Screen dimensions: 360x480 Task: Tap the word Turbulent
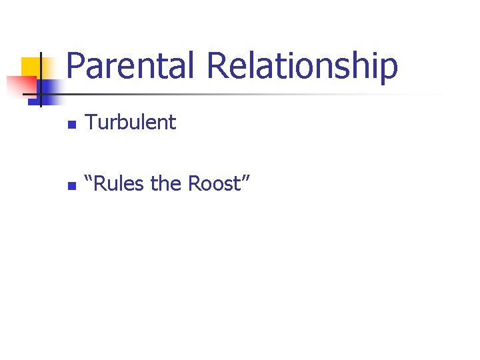[x=131, y=122]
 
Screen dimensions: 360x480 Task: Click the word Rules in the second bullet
[x=121, y=183]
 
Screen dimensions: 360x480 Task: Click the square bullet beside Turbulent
[x=73, y=125]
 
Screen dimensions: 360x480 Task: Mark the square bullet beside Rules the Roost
[x=73, y=186]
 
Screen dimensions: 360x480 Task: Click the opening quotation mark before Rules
[x=91, y=179]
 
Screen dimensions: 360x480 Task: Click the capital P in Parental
[x=76, y=65]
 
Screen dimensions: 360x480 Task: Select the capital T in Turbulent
[x=92, y=122]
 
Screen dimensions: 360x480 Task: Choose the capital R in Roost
[x=195, y=183]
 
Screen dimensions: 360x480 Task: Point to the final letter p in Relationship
[x=389, y=69]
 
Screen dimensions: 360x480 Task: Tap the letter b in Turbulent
[x=126, y=122]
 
